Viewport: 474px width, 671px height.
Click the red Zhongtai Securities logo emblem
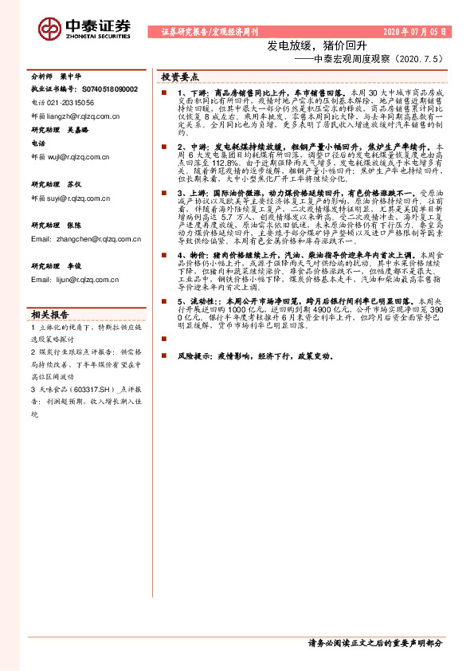click(51, 29)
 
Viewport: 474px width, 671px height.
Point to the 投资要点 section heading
click(180, 77)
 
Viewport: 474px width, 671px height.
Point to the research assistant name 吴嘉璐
click(77, 128)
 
